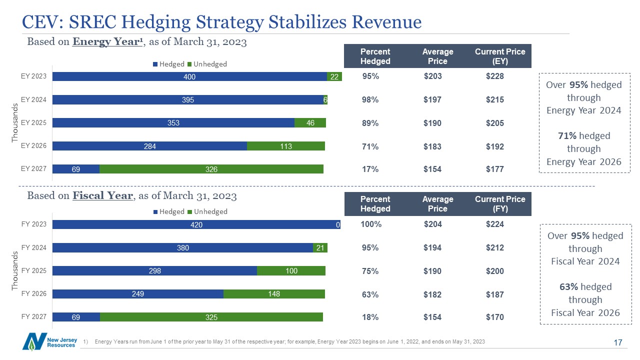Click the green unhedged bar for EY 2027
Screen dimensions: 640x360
[x=211, y=169]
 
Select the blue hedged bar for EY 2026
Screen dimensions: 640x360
[x=149, y=146]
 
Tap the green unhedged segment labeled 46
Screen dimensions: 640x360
[x=310, y=123]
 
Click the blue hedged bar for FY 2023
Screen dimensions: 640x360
[x=196, y=224]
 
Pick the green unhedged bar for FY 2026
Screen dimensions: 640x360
[x=274, y=293]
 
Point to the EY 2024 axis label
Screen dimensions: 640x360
[x=33, y=99]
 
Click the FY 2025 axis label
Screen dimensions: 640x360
[x=33, y=270]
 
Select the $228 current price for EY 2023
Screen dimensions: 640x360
[x=495, y=76]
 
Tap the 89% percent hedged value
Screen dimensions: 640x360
[x=370, y=123]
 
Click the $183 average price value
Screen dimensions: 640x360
[x=432, y=146]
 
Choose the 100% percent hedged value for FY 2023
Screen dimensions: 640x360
[x=371, y=224]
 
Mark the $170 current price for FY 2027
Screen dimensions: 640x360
[x=495, y=317]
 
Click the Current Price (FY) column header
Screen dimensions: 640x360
[x=500, y=203]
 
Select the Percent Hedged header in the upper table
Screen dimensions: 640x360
[x=375, y=56]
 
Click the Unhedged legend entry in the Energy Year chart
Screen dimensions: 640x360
[x=207, y=64]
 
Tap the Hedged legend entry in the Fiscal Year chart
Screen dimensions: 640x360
[x=169, y=211]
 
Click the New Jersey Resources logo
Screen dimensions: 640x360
[x=49, y=341]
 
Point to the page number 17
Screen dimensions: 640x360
[x=617, y=342]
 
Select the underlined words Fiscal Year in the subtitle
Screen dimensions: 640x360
[x=102, y=195]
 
